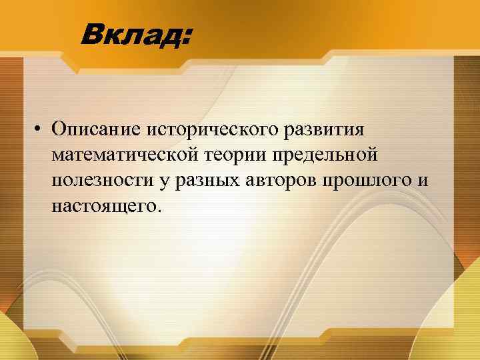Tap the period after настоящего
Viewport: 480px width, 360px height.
(x=158, y=209)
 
